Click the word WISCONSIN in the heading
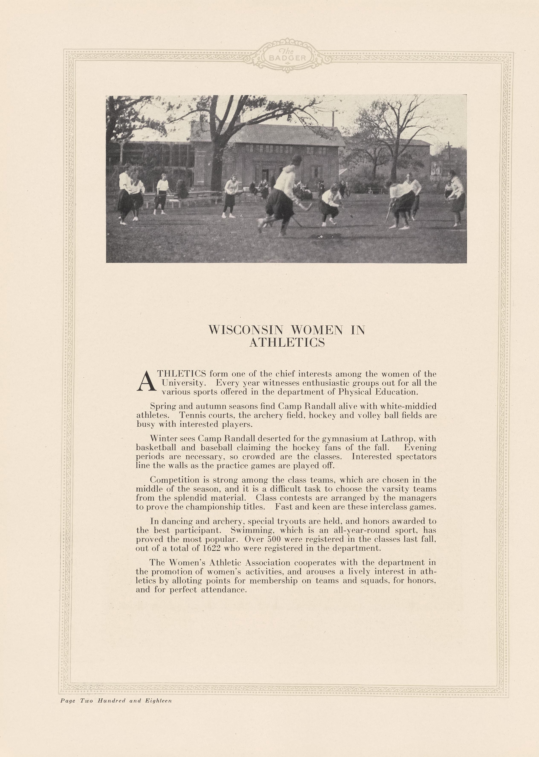246,330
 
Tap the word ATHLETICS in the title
287,342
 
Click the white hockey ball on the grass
321,236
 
